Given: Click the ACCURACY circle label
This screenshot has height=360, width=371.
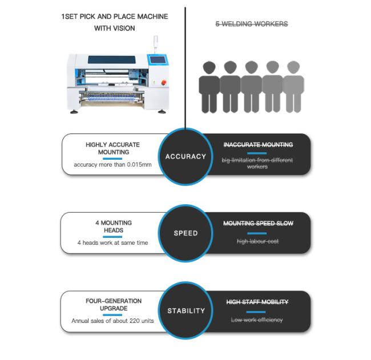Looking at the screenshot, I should (185, 156).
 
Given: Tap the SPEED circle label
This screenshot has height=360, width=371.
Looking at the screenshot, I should (185, 233).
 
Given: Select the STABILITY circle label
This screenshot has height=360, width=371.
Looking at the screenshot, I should (185, 311).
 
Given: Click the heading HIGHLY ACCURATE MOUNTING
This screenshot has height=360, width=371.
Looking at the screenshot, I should (112, 148).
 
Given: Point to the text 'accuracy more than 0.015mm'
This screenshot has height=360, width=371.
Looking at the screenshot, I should (112, 165).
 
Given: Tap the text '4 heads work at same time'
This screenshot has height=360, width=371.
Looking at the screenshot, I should (112, 242).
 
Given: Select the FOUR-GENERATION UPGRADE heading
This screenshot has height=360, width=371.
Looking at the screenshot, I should (113, 305).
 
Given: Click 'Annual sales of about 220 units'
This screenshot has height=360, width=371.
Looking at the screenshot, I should (112, 321).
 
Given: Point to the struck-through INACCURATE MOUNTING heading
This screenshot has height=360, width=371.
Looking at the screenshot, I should (257, 145).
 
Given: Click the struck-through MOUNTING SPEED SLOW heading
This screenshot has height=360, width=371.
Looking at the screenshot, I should (257, 223).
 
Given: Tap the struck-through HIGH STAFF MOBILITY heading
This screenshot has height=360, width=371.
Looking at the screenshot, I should (257, 302).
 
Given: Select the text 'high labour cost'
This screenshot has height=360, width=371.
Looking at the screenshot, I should (257, 242).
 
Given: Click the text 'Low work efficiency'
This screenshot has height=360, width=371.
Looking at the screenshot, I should (257, 320).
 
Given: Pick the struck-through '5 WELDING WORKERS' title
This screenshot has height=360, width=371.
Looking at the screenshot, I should (251, 24).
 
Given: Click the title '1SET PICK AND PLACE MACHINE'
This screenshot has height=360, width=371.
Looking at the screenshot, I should (114, 17).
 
